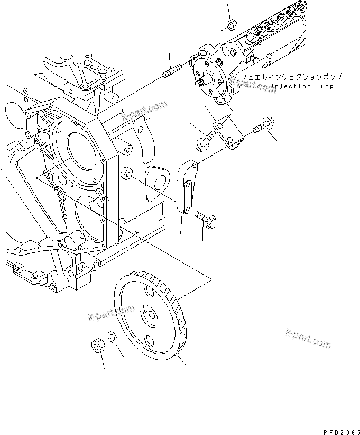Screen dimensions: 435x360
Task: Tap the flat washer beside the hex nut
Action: pos(113,337)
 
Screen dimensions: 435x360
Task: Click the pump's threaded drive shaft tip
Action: pos(201,83)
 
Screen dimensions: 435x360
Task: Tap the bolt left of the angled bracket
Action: pos(202,141)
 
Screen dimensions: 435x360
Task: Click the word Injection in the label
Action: pos(285,87)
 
